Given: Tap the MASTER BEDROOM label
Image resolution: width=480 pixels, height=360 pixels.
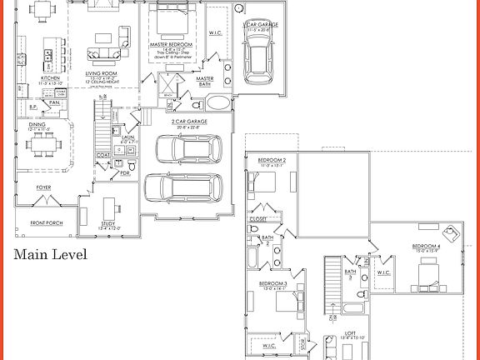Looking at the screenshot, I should pos(171,43).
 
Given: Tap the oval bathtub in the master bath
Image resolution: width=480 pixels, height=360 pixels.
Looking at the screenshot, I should pos(219,104).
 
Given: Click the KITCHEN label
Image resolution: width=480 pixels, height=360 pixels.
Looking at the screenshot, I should pos(51,78).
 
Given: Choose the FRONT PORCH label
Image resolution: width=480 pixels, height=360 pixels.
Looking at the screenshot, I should pos(48,222).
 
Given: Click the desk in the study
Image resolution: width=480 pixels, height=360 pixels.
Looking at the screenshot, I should pos(109,206).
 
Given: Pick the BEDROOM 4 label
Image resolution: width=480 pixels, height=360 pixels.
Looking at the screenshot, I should pos(426,247).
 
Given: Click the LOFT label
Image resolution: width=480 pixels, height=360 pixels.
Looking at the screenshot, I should pos(351,332).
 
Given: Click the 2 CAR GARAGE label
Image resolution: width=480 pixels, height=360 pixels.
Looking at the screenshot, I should pos(190,122).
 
